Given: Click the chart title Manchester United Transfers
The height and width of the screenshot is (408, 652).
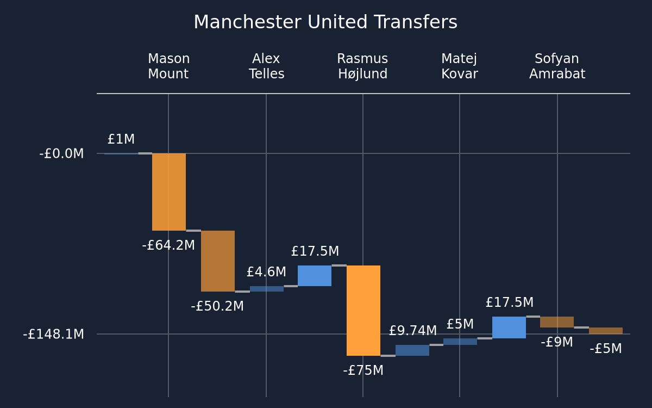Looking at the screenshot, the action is coord(325,22).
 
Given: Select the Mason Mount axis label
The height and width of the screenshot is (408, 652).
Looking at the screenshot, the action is coord(169,66).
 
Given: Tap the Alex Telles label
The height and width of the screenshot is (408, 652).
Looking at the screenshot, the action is coord(266,66).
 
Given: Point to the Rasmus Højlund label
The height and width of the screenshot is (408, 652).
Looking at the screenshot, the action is coord(362,66).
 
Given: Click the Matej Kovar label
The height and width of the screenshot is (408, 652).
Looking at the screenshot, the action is coord(460,66).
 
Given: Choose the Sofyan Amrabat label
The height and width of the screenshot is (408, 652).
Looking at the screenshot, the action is coord(557,66).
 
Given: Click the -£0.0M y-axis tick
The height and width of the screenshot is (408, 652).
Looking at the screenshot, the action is coord(61,153).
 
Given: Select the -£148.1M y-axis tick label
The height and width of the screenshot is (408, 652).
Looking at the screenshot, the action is coord(53,334).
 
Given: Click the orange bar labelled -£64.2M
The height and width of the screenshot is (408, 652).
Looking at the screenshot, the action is coord(169,191).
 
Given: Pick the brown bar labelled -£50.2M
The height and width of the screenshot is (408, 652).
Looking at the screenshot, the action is coord(218,261).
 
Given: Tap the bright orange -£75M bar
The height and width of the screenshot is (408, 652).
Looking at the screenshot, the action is coord(363,311).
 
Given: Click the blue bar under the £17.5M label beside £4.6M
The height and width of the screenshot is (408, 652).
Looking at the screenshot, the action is coord(315,276).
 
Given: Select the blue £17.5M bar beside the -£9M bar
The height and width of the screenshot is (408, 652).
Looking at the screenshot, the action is coord(509,327).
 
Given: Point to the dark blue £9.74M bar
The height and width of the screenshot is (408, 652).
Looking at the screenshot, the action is coord(412,350).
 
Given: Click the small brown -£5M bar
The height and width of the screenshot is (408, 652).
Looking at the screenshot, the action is coord(606,331).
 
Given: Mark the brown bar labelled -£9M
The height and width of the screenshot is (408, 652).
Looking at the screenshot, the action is coord(557,322).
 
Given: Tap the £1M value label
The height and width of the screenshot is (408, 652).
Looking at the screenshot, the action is coord(121,139).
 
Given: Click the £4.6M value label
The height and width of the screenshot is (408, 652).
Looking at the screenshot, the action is coord(266,272).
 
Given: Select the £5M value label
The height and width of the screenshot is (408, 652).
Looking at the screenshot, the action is coord(460,324).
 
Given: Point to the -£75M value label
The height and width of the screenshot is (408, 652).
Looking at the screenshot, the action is coord(363,370).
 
